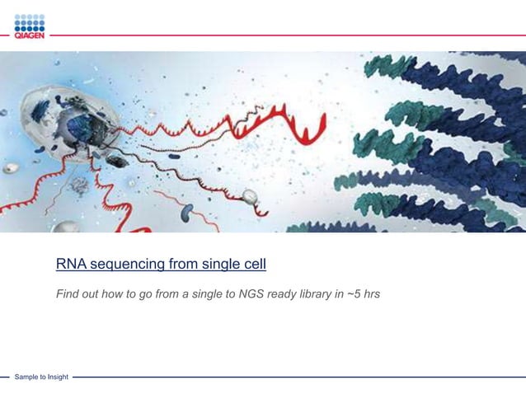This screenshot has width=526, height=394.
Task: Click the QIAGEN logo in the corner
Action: (x=29, y=26)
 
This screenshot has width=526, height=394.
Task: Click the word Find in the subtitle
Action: (x=68, y=293)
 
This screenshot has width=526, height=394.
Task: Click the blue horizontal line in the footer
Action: (x=297, y=378)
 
